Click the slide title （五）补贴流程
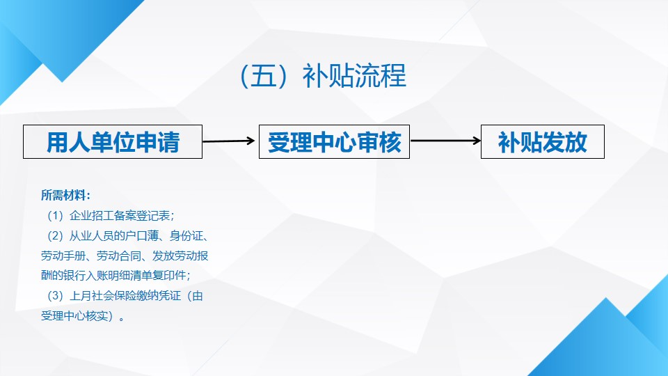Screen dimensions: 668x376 (x=324, y=76)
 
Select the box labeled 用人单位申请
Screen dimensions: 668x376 (x=113, y=141)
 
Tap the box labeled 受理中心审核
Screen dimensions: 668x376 (x=334, y=141)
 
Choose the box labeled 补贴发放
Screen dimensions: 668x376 (x=542, y=141)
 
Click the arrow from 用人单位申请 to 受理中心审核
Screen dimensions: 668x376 (x=228, y=141)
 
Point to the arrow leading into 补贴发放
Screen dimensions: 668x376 (x=445, y=140)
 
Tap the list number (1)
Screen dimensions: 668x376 (x=55, y=216)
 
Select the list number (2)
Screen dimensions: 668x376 (x=55, y=236)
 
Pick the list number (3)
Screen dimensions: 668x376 (x=55, y=295)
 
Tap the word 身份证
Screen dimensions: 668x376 (x=186, y=236)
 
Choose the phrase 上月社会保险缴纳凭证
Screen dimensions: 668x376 (x=125, y=295)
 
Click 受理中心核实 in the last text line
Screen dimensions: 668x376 (x=74, y=315)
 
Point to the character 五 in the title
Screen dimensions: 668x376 (x=263, y=76)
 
